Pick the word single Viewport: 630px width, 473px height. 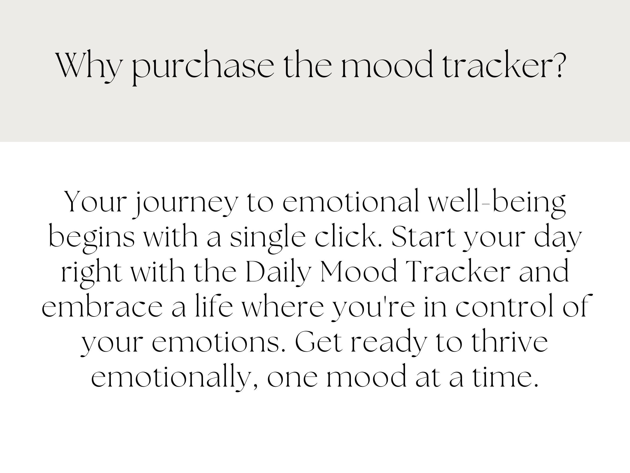tap(267, 238)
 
